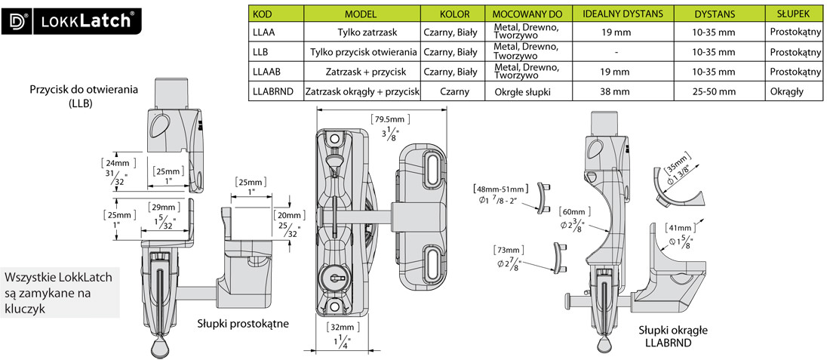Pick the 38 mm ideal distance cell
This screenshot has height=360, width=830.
(x=616, y=91)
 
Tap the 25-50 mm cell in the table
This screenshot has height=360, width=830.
(x=713, y=91)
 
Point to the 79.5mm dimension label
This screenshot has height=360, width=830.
(x=389, y=118)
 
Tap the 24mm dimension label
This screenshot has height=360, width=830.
(x=115, y=163)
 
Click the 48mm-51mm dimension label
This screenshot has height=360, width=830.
(x=497, y=188)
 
